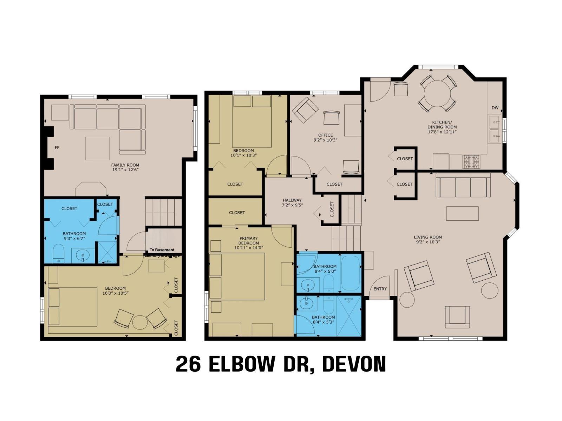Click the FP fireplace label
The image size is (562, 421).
pyautogui.click(x=57, y=148)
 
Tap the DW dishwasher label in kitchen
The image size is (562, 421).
pyautogui.click(x=495, y=108)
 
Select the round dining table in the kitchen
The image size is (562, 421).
pyautogui.click(x=437, y=94)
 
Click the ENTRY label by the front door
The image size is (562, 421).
pyautogui.click(x=380, y=289)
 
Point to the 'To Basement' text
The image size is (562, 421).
pyautogui.click(x=162, y=250)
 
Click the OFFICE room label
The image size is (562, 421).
pyautogui.click(x=325, y=135)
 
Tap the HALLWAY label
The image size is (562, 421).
pyautogui.click(x=292, y=200)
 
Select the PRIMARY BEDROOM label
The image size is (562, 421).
pyautogui.click(x=249, y=241)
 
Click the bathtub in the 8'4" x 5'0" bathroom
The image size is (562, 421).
pyautogui.click(x=350, y=273)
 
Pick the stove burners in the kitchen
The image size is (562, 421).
pyautogui.click(x=471, y=161)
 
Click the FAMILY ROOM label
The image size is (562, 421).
pyautogui.click(x=125, y=165)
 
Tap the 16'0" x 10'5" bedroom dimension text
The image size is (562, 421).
pyautogui.click(x=115, y=293)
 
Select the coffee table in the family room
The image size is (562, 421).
pyautogui.click(x=98, y=148)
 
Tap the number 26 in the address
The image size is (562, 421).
pyautogui.click(x=188, y=364)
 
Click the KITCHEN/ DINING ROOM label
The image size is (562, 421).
pyautogui.click(x=442, y=125)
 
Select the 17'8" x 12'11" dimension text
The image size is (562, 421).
pyautogui.click(x=442, y=132)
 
